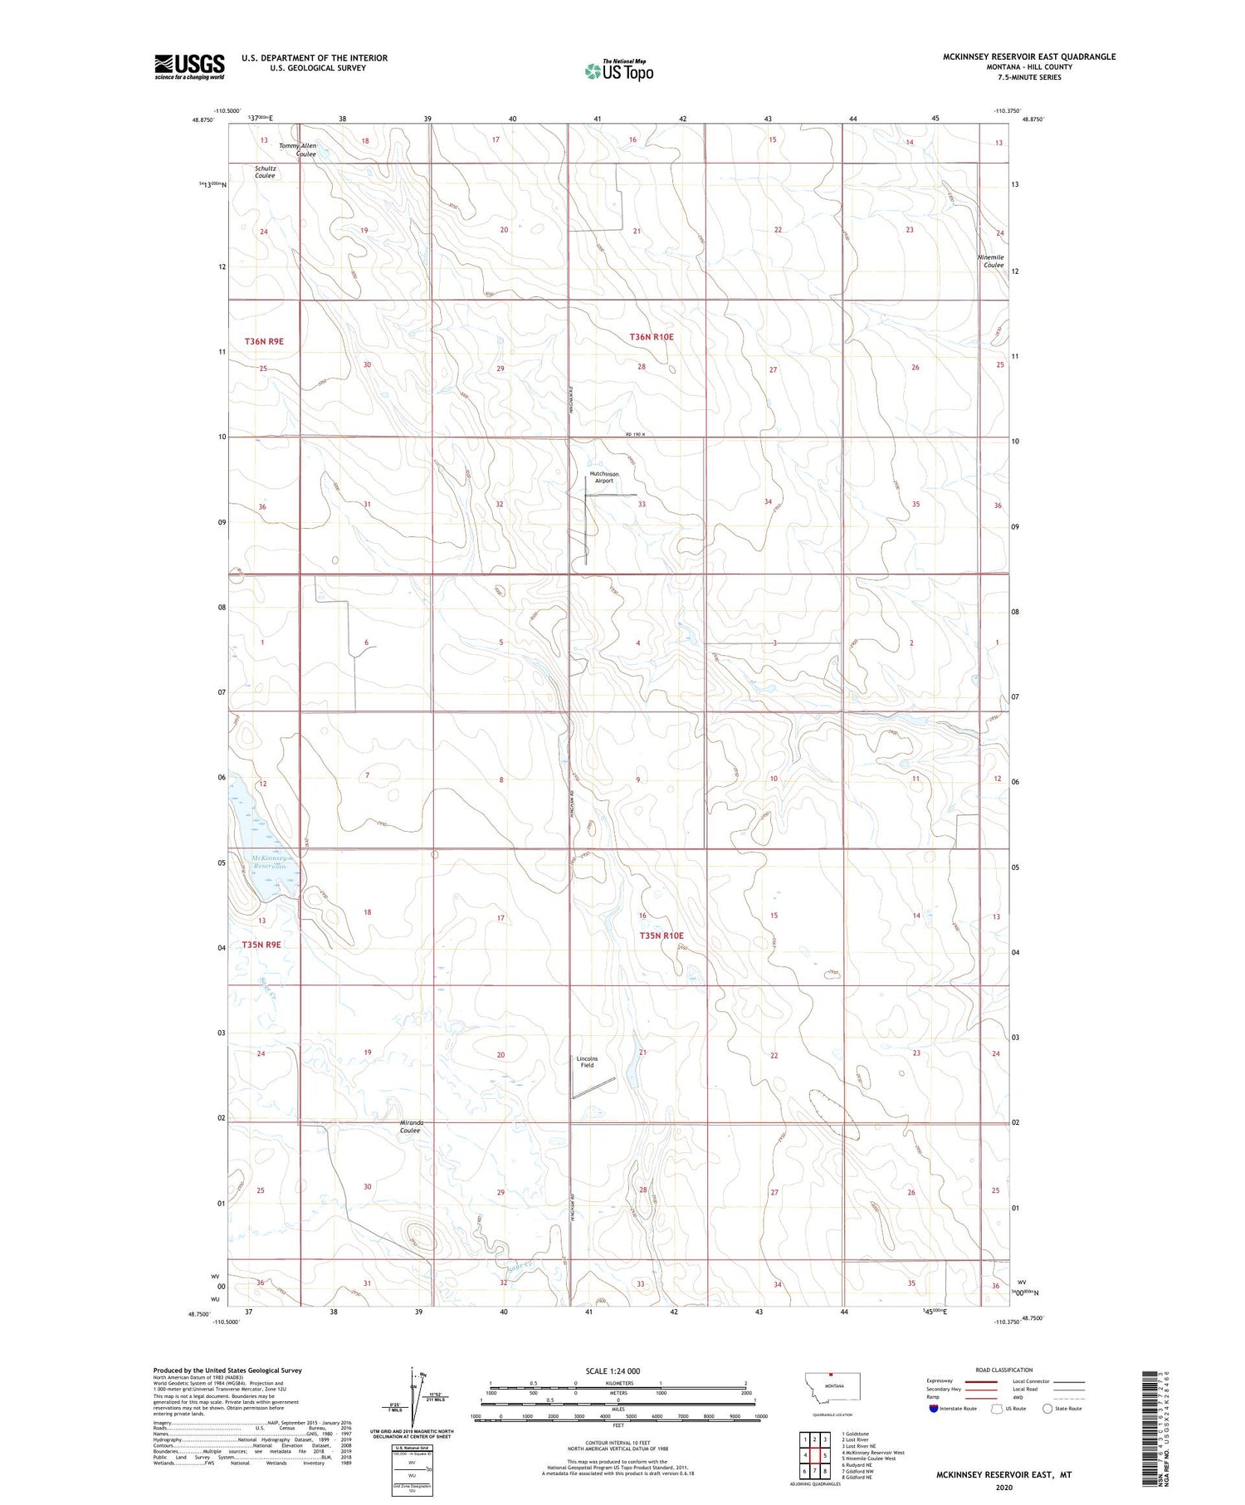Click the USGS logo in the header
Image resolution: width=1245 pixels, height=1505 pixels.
189,66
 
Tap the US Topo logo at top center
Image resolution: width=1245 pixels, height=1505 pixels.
619,71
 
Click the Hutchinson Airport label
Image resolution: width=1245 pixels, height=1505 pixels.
603,477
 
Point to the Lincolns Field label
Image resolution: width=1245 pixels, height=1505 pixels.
587,1062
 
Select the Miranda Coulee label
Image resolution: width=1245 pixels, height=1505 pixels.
410,1126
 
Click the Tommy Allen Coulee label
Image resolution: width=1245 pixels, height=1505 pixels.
297,149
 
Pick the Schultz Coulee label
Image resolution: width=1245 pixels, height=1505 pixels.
266,172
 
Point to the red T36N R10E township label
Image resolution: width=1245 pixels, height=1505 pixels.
652,337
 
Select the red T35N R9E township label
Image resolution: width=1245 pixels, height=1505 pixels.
261,945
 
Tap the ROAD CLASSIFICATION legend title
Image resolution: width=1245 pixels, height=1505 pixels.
1004,1370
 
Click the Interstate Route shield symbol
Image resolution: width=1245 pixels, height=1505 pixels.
934,1409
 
